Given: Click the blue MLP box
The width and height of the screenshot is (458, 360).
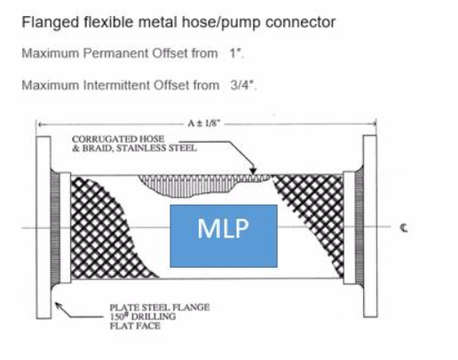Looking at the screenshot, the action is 224,236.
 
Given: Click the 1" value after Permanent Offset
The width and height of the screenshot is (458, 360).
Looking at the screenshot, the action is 236,53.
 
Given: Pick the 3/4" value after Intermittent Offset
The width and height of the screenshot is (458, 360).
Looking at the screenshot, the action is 243,85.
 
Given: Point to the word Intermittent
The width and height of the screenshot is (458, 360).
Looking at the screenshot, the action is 117,85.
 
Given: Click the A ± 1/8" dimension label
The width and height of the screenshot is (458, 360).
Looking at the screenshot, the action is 204,123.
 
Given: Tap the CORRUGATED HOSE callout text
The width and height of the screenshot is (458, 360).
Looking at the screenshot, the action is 118,138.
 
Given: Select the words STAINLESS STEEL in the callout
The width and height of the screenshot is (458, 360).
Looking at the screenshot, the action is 156,148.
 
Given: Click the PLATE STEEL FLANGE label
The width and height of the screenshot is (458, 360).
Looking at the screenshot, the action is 160,308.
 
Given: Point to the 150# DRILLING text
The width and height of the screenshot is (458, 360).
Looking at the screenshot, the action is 143,317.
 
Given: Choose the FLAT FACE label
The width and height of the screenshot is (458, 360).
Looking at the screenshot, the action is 135,326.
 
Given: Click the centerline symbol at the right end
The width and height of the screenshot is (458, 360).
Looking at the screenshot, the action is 404,228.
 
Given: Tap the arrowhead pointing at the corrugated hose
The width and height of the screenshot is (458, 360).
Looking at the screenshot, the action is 253,171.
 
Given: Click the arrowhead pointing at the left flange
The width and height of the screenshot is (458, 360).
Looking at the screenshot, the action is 59,306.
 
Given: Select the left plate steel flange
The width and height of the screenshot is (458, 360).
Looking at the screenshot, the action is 43,227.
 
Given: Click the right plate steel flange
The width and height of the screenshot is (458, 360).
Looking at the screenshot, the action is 370,226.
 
